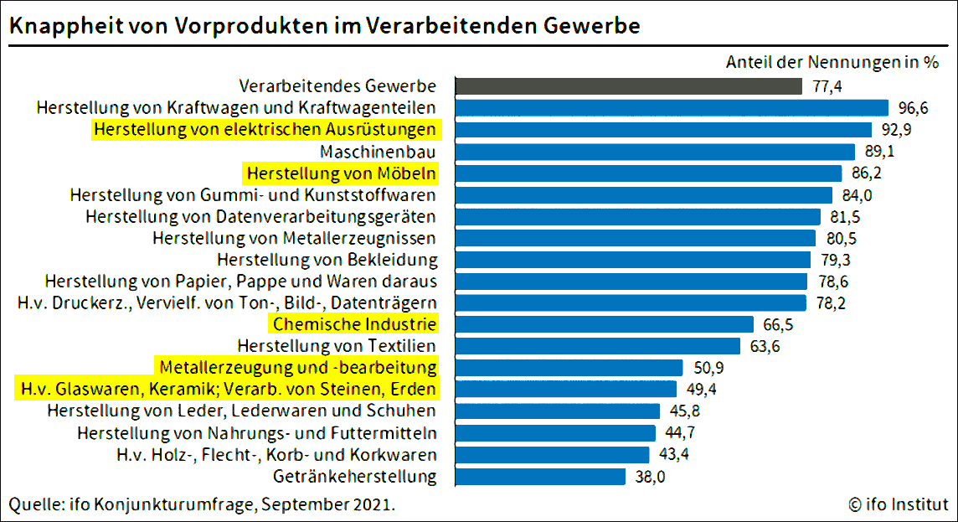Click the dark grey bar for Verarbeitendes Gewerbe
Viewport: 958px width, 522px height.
[628, 85]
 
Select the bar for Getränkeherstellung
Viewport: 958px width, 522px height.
[540, 476]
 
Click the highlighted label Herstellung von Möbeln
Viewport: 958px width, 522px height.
[341, 173]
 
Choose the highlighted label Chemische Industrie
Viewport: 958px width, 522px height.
[353, 324]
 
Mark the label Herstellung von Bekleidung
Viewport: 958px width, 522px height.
[327, 259]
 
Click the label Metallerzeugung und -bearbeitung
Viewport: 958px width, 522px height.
[297, 367]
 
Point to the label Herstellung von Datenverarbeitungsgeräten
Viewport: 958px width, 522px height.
[260, 216]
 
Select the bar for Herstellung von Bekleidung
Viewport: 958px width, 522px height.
[633, 259]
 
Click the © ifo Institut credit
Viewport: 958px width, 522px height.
[898, 504]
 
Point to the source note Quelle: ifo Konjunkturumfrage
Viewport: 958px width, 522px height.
[201, 504]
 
